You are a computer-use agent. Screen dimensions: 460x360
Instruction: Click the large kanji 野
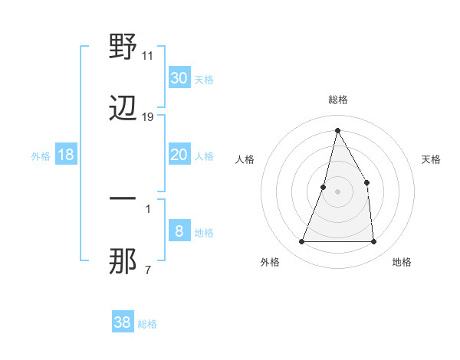click(x=123, y=47)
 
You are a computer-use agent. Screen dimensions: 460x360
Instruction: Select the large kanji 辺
click(x=123, y=110)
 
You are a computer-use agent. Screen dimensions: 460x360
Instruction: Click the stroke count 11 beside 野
click(x=148, y=56)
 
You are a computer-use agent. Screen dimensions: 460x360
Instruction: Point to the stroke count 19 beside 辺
click(x=148, y=117)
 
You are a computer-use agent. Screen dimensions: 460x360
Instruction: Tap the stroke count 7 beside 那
click(x=147, y=270)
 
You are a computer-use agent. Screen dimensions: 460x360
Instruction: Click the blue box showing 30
click(x=179, y=77)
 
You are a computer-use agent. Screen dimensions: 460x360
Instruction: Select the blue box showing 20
click(x=179, y=155)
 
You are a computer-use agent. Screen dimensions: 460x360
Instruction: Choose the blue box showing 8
click(x=179, y=231)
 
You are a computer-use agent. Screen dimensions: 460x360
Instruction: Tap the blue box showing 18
click(x=66, y=155)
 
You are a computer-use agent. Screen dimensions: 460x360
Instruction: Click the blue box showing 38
click(x=123, y=322)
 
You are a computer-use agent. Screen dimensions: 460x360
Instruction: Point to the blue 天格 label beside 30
click(x=204, y=79)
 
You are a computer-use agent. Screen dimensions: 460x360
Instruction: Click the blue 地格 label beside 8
click(x=204, y=233)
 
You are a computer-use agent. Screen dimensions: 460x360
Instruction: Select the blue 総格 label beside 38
click(x=147, y=324)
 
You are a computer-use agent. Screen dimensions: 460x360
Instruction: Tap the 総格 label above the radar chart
click(x=337, y=100)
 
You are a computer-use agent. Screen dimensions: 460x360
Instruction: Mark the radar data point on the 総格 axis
click(x=337, y=129)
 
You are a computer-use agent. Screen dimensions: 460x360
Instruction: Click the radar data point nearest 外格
click(x=301, y=242)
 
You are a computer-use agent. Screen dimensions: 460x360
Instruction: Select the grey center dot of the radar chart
click(x=337, y=191)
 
